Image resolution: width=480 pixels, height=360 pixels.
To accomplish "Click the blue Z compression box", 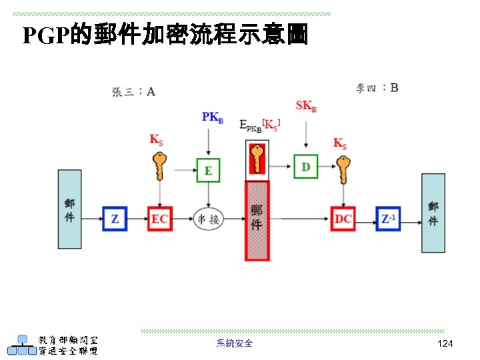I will [x=115, y=219].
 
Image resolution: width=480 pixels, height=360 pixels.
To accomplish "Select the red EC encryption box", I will [x=160, y=219].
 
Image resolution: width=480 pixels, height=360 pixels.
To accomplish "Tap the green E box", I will [x=208, y=170].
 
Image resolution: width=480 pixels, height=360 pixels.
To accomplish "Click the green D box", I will [x=306, y=166].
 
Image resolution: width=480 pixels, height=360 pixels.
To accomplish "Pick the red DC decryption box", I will [x=343, y=219].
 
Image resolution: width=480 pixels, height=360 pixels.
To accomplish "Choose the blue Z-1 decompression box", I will [x=387, y=219].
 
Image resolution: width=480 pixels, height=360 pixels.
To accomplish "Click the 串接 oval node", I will [x=208, y=219].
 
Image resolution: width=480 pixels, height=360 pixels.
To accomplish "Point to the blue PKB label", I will [x=213, y=117].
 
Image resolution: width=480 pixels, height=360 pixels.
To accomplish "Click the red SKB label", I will [x=306, y=106].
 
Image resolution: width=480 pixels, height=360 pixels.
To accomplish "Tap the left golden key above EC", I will [x=159, y=166].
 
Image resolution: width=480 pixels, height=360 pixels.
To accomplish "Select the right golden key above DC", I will [x=343, y=169].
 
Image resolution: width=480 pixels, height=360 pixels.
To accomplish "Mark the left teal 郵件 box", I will [x=69, y=211].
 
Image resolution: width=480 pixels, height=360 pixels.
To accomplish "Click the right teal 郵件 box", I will [x=433, y=213].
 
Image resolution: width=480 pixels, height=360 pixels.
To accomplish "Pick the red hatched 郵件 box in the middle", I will [x=257, y=221].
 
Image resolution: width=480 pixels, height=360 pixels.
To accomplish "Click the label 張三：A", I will [x=133, y=92].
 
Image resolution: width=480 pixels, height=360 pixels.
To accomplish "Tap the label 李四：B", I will [x=377, y=87].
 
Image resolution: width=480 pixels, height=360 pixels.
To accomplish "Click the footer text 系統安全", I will [x=235, y=343].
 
